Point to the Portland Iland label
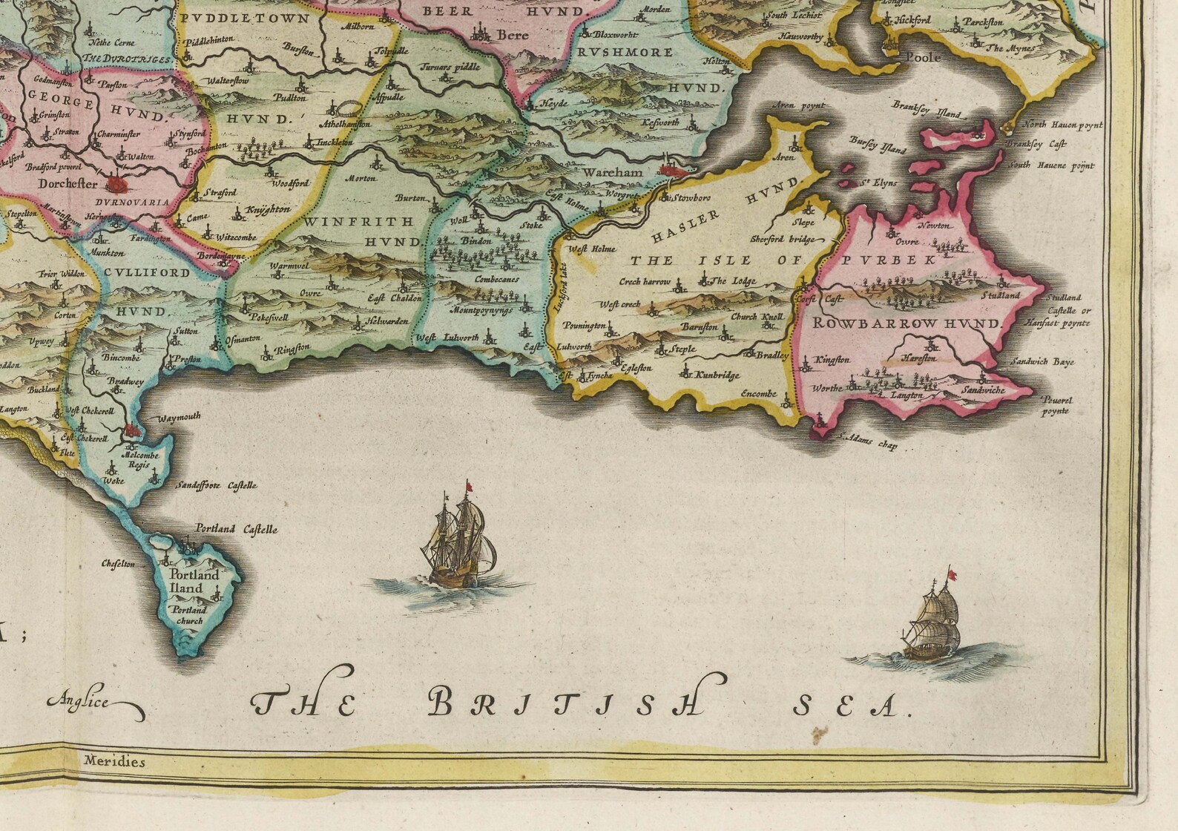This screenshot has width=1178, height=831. [194, 582]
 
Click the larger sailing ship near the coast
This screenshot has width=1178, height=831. [456, 540]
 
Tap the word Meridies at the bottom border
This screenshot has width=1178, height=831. [114, 761]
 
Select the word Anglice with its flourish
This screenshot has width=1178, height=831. [95, 703]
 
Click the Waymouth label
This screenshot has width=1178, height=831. [178, 417]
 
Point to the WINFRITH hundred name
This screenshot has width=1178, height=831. [358, 221]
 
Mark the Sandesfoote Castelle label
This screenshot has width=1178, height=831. [216, 485]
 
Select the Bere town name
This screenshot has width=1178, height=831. [512, 34]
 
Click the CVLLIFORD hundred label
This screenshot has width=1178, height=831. [147, 272]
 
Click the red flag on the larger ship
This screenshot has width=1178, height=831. [468, 486]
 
